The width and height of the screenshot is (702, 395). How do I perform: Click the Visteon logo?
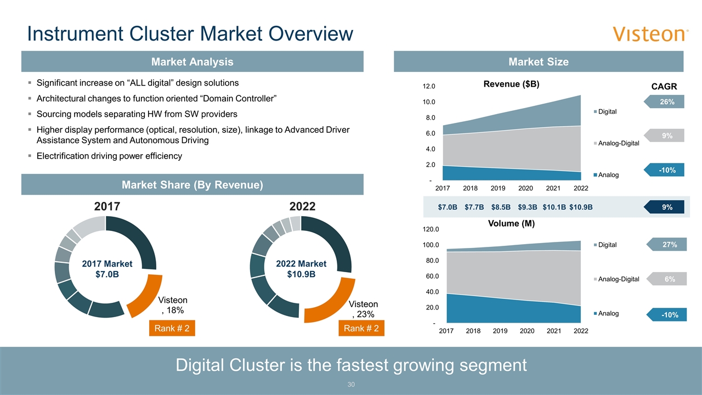tap(650, 34)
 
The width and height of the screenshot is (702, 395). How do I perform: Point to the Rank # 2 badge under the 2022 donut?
tap(361, 329)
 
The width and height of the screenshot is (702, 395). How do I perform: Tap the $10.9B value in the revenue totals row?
tap(581, 207)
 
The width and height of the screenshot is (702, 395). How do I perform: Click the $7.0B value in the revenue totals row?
tap(448, 207)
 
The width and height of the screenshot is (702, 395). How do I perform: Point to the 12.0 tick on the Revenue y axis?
tap(429, 87)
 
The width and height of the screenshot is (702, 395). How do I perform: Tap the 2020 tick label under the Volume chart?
tap(526, 331)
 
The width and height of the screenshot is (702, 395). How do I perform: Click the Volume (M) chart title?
tap(511, 224)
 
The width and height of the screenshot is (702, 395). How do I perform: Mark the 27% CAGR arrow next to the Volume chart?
tap(666, 245)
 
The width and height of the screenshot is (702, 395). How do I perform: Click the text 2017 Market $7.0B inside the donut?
tap(107, 269)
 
